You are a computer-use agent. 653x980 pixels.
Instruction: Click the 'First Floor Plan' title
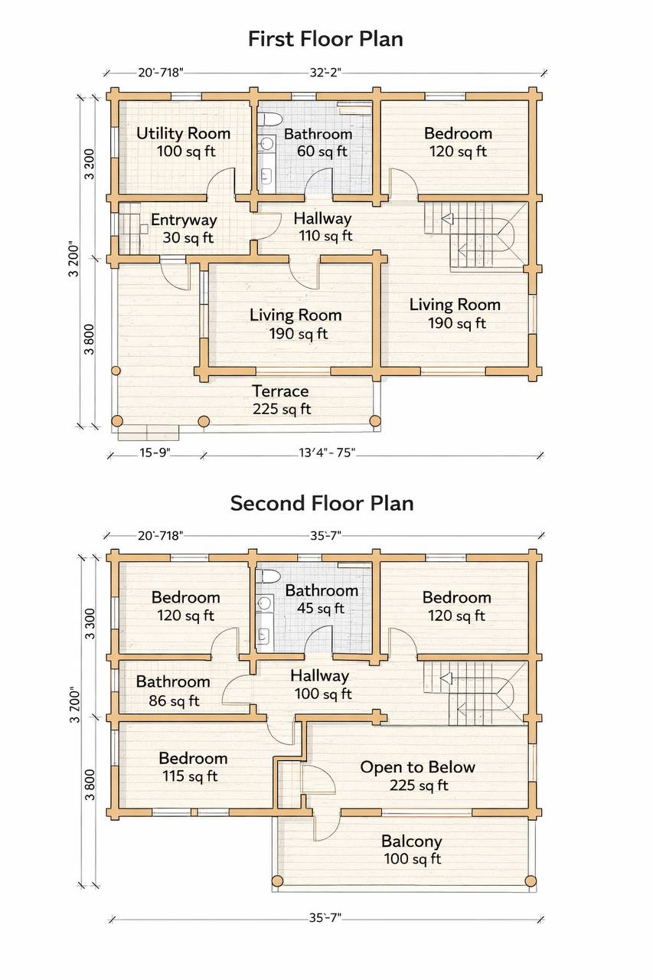click(325, 38)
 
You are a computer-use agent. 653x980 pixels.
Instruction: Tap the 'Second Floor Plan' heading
click(322, 503)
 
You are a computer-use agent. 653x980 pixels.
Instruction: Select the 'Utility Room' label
click(183, 133)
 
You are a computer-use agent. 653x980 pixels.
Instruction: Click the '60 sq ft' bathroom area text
click(322, 152)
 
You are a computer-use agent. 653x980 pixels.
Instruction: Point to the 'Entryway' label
click(184, 220)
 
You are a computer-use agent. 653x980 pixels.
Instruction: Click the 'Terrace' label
click(280, 390)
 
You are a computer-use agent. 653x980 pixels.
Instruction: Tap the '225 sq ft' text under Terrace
click(282, 409)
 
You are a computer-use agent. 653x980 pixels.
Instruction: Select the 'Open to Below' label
click(418, 766)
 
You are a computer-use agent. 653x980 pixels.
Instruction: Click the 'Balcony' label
click(412, 841)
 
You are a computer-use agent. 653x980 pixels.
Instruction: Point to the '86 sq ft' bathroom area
click(174, 701)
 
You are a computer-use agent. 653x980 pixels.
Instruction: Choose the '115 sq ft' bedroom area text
click(190, 776)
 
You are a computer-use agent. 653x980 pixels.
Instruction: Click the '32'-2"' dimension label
click(325, 72)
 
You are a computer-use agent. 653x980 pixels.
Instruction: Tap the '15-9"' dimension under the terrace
click(155, 452)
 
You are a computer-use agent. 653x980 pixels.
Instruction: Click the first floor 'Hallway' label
click(322, 218)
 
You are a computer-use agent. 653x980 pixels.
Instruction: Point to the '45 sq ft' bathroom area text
click(321, 608)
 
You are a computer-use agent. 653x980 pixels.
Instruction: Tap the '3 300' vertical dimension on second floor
click(90, 623)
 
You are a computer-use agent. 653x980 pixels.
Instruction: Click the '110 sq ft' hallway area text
click(325, 236)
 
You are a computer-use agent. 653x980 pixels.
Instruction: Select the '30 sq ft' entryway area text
click(188, 237)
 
